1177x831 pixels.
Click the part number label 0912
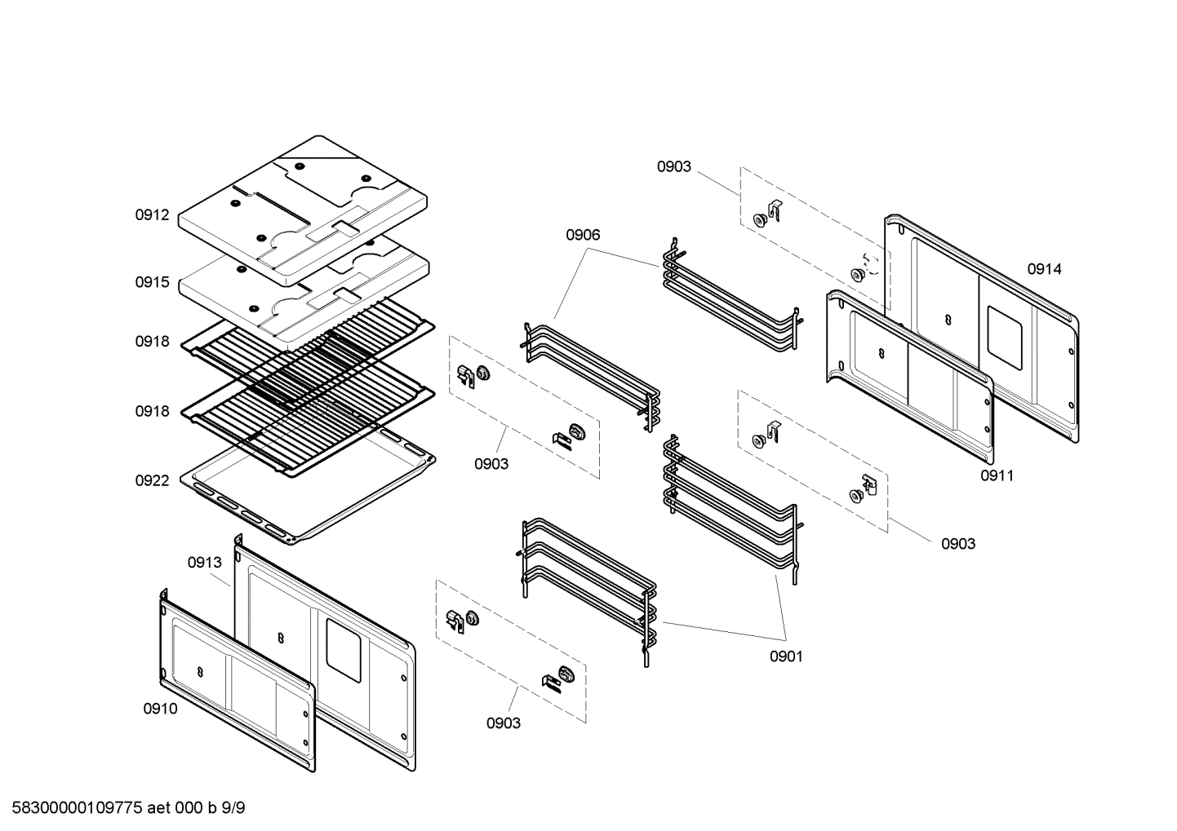point(152,215)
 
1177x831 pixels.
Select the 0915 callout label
point(152,282)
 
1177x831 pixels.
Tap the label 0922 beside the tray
point(152,480)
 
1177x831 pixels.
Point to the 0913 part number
point(204,562)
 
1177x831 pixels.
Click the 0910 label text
point(160,709)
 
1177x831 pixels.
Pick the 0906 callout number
point(583,235)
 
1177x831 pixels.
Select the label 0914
point(1044,269)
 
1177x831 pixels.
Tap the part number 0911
point(997,475)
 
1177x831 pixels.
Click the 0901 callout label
point(786,656)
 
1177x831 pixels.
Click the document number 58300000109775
point(73,808)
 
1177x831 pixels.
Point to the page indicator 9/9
point(233,808)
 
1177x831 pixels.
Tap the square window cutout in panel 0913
point(344,649)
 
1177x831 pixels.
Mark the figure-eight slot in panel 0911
point(882,352)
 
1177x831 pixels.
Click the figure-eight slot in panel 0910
point(201,670)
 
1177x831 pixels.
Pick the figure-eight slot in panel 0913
point(280,637)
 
